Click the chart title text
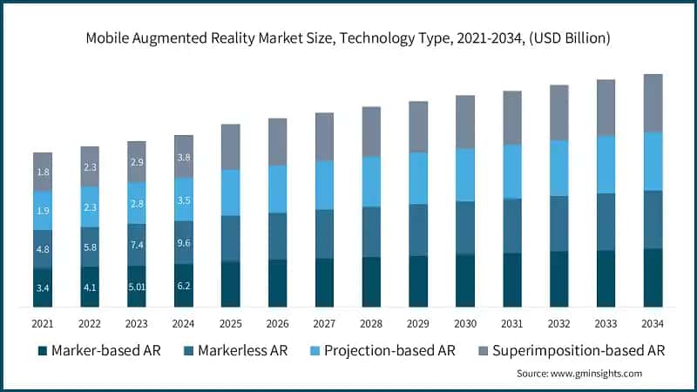click(348, 38)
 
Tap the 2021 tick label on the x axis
click(43, 324)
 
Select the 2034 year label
click(653, 324)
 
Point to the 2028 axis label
click(371, 324)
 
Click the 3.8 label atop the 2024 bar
click(184, 158)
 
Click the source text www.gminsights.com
click(579, 373)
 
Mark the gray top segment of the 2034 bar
click(653, 103)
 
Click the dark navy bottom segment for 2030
click(465, 280)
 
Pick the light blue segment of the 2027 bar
click(324, 185)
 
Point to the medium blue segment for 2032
click(559, 224)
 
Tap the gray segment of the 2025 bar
click(231, 146)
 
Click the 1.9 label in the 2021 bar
click(43, 211)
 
